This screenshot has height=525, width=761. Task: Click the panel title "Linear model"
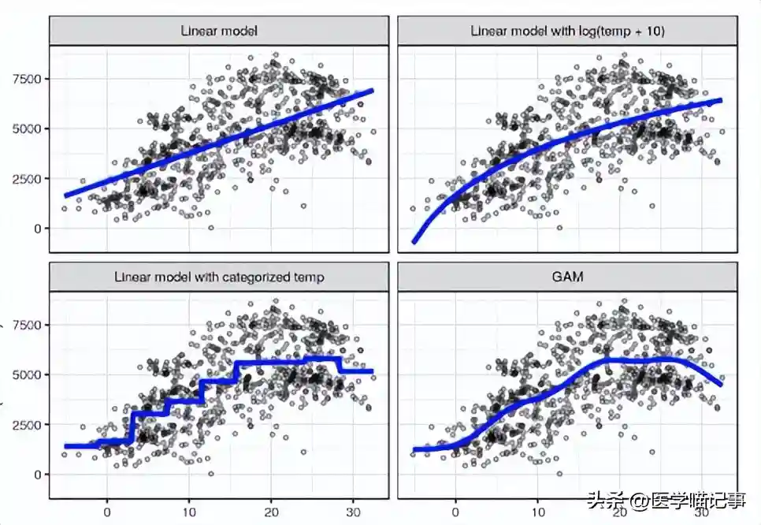click(x=219, y=32)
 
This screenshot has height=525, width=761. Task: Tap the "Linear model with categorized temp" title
click(x=219, y=277)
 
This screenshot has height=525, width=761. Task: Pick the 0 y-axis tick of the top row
click(x=36, y=229)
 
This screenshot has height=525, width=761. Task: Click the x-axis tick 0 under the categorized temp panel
click(x=107, y=510)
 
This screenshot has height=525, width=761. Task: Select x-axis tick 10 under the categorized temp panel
click(x=189, y=510)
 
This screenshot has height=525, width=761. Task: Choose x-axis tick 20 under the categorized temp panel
click(x=271, y=510)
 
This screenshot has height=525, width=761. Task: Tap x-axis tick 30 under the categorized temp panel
click(x=353, y=510)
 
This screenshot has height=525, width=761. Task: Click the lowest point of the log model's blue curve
click(x=414, y=242)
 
